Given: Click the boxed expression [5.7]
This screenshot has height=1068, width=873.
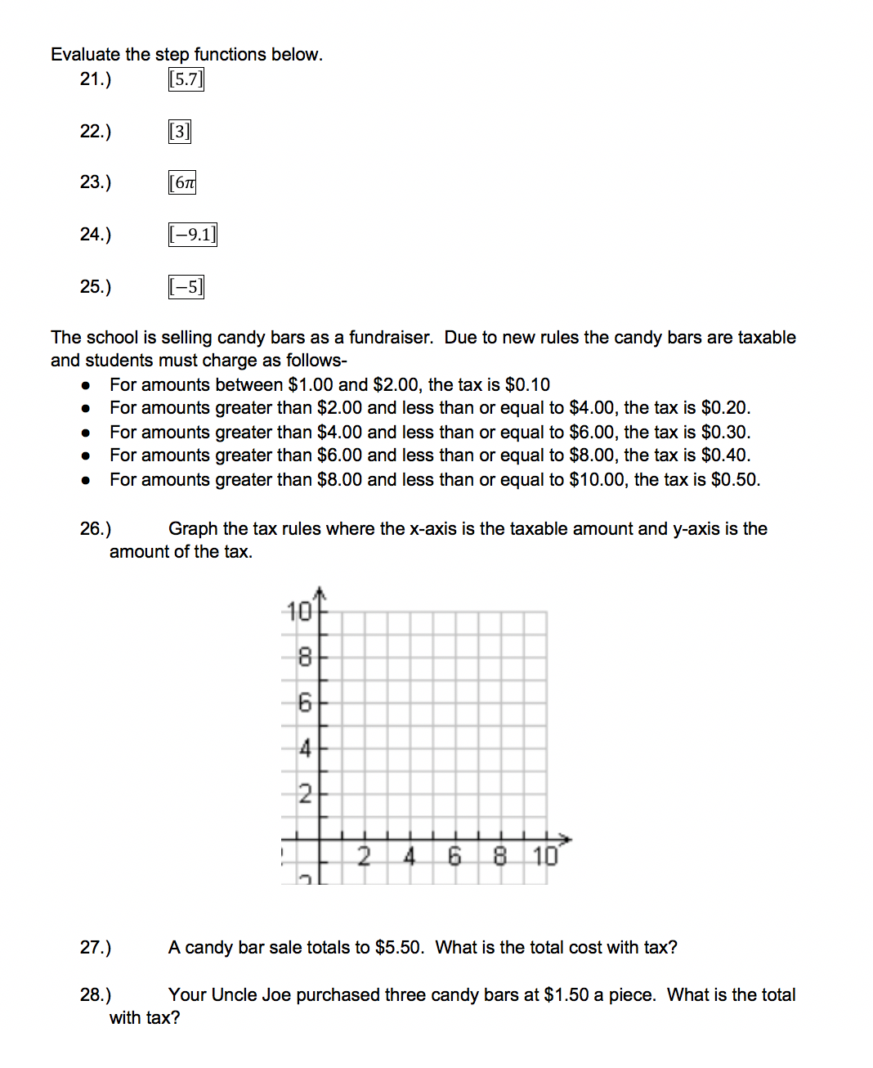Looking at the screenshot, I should pos(186,79).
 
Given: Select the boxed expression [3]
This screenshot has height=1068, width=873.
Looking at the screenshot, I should pos(179,132).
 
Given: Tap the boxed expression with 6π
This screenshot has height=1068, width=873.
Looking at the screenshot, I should pos(182,182).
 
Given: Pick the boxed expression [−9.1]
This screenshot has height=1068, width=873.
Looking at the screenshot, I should pos(192,235).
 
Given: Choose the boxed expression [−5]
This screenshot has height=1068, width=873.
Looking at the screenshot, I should pos(186,287).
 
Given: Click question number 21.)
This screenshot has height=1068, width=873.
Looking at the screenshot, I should pos(96,79).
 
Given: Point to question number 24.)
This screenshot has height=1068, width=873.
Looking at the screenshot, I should pos(96,235).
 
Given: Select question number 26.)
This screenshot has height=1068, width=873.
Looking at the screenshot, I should pos(96,529).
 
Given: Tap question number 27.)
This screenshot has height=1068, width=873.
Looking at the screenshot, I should pos(96,948).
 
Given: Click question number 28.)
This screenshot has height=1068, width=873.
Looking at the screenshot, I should pos(96,995).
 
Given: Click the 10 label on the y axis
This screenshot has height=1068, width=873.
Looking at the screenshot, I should pos(299,612).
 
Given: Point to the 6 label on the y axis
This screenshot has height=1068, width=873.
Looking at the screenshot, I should pos(304,702).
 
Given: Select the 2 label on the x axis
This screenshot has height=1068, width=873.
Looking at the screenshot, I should pos(364,856).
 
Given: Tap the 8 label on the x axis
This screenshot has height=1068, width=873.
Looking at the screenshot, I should pos(499,856).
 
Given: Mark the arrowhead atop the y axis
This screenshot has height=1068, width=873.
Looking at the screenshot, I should pos(320,591).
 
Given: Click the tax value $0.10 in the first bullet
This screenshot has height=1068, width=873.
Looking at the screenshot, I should pos(527,385).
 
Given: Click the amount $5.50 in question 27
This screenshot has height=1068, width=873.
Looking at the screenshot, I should pos(398,948).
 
